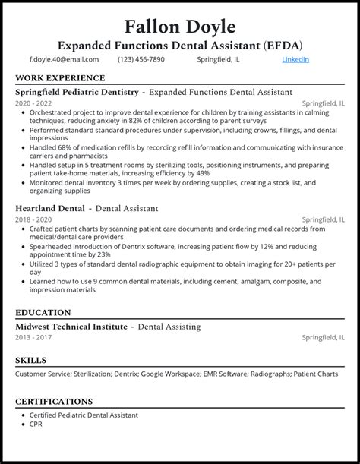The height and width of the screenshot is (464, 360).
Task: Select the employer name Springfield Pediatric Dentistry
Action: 77,92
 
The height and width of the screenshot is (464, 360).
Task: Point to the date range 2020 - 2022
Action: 33,104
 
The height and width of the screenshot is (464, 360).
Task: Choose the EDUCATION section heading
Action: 43,312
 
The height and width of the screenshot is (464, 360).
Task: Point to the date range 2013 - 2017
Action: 33,338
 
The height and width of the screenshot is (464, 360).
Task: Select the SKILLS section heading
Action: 31,360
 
